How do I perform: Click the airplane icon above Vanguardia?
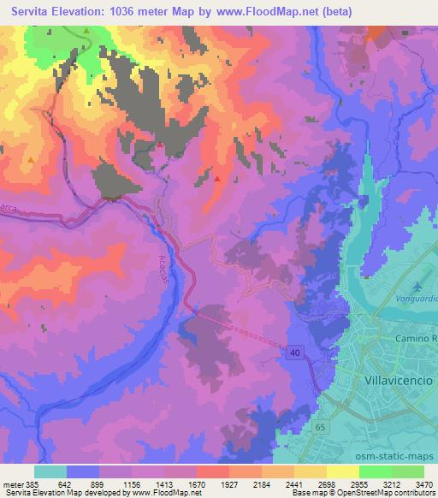point(417,286)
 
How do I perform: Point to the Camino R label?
point(416,339)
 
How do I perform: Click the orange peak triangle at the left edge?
point(31,158)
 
